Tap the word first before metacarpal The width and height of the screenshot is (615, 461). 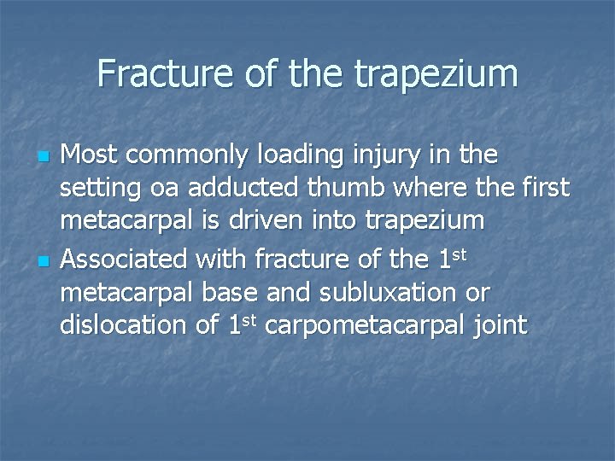[x=543, y=188]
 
